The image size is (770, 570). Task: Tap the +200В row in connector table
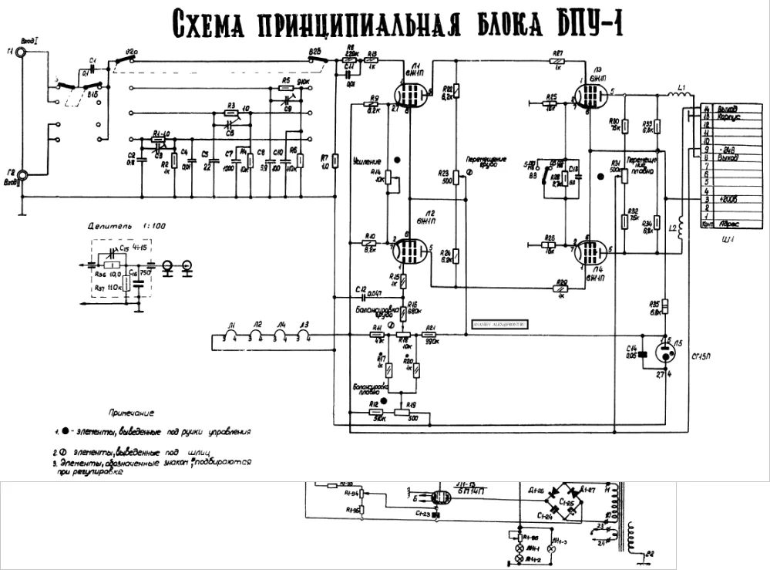tap(718, 199)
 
